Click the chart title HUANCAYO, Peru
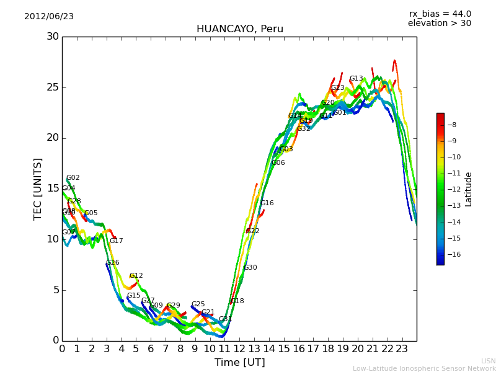click(x=239, y=29)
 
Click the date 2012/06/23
click(x=49, y=17)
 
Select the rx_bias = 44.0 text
click(x=440, y=14)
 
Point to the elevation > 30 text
click(x=439, y=24)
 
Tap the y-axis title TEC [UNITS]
click(x=38, y=188)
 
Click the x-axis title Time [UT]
click(x=239, y=363)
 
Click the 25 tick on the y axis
click(x=53, y=87)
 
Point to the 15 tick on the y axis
click(x=53, y=188)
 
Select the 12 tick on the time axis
click(x=239, y=348)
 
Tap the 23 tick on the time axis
click(x=402, y=348)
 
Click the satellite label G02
click(x=73, y=178)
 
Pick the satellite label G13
click(x=356, y=79)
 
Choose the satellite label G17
click(x=117, y=241)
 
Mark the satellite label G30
click(x=250, y=268)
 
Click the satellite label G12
click(x=136, y=276)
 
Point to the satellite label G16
click(x=267, y=203)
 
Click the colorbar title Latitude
click(x=469, y=189)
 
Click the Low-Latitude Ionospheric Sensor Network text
click(x=424, y=369)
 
